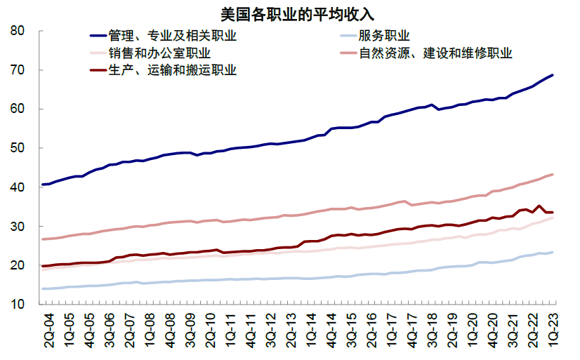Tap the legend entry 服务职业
(384, 36)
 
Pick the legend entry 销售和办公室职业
(159, 53)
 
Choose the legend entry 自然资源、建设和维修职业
(435, 53)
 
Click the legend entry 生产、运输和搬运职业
(172, 70)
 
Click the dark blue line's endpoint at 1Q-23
(553, 75)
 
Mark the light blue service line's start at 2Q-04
(44, 288)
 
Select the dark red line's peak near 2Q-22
(539, 206)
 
